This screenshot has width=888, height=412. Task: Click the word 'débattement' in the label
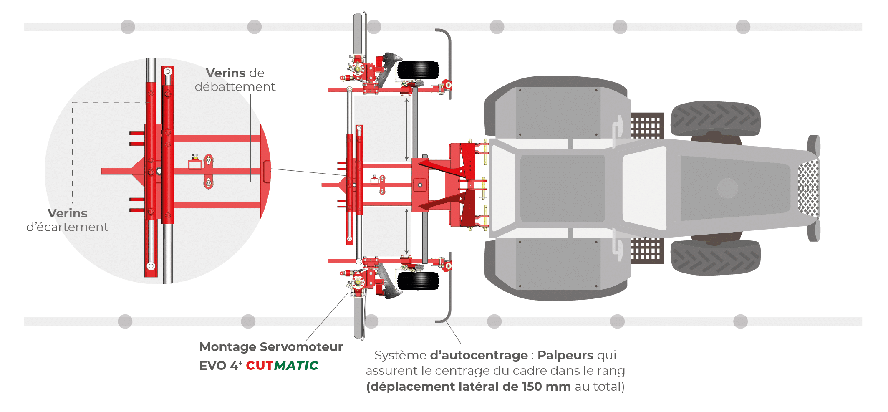[235, 87]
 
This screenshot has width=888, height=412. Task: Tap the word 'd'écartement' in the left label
[67, 227]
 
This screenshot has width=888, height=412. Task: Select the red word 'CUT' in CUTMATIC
[259, 366]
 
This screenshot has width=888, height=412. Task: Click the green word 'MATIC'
[296, 366]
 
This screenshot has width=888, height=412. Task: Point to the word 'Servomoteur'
[301, 347]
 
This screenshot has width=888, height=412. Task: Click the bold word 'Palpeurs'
[565, 355]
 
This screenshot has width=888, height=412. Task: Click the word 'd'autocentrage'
[479, 355]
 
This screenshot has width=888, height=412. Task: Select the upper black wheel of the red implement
[418, 70]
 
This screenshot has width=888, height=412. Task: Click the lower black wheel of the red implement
[418, 281]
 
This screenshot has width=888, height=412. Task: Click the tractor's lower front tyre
[715, 258]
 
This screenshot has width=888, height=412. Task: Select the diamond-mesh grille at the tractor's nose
[808, 188]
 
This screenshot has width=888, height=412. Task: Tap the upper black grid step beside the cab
[646, 125]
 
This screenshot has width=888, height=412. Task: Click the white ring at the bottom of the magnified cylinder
[151, 266]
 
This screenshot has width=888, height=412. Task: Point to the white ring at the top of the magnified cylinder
[168, 71]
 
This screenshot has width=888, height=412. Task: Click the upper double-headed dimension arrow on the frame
[406, 129]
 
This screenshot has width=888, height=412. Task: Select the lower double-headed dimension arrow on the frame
[406, 232]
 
